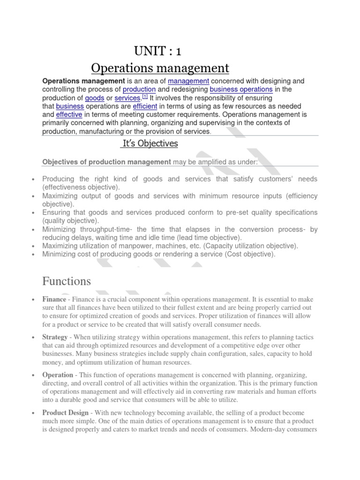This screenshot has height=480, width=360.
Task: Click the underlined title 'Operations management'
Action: [160, 68]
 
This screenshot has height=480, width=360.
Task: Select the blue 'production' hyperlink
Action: [139, 89]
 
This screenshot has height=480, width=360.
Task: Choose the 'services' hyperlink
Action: [127, 97]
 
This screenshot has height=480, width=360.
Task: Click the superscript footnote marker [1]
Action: [145, 96]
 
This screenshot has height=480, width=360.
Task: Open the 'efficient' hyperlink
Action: [146, 106]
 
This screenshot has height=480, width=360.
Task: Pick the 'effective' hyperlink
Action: [69, 114]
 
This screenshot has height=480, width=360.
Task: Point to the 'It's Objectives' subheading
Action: [149, 144]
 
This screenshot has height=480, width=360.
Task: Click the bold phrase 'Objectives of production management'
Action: [106, 162]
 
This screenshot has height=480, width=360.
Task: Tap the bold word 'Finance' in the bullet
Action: [54, 299]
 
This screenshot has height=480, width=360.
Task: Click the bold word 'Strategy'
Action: [55, 337]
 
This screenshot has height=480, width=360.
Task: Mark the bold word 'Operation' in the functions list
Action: [58, 375]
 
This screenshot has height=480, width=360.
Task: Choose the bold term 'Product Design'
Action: [65, 412]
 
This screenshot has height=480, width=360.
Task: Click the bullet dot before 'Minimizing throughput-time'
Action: [32, 230]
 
